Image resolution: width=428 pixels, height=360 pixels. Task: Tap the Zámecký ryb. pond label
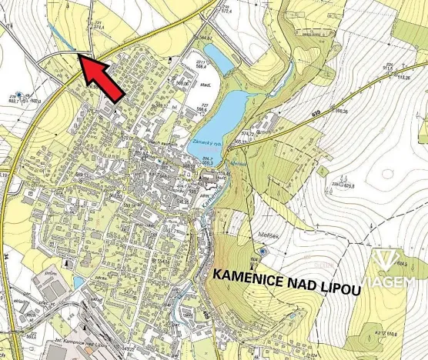click(x=207, y=144)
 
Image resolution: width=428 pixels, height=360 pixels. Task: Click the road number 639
click(x=316, y=115)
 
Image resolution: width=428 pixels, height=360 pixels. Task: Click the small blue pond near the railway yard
click(x=78, y=282)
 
